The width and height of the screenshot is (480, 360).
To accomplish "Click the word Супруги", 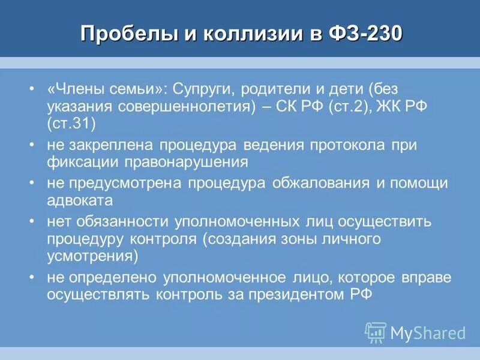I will click(203, 89).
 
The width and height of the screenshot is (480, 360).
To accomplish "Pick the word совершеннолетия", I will click(192, 107).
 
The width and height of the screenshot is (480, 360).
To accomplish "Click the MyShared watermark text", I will click(428, 332).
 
